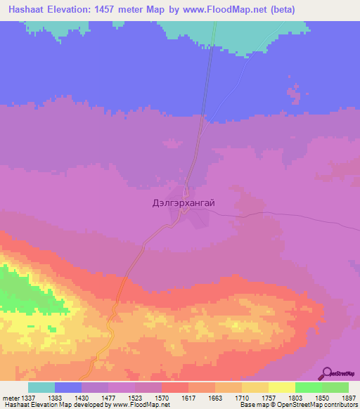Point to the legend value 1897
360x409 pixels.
tap(347, 397)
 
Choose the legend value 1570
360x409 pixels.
tap(161, 397)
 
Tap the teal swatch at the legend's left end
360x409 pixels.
tap(41, 387)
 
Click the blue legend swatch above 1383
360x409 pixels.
tap(68, 387)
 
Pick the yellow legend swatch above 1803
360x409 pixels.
tap(281, 387)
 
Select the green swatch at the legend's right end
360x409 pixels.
tap(335, 387)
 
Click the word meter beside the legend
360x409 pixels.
tap(9, 397)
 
